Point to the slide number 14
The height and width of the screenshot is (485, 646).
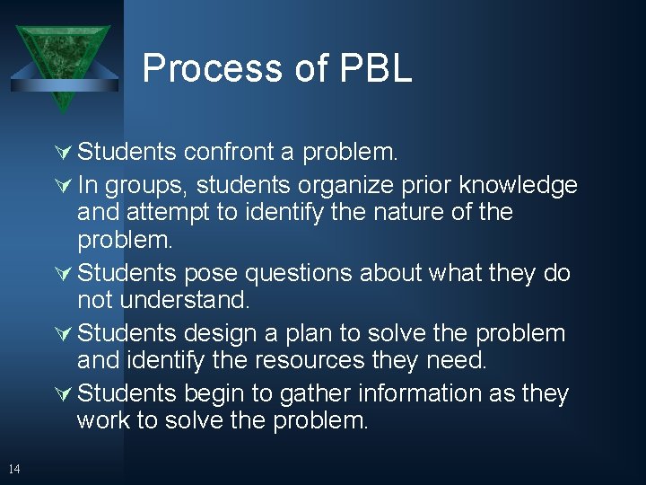coord(13,468)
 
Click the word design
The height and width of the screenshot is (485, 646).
coord(223,333)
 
